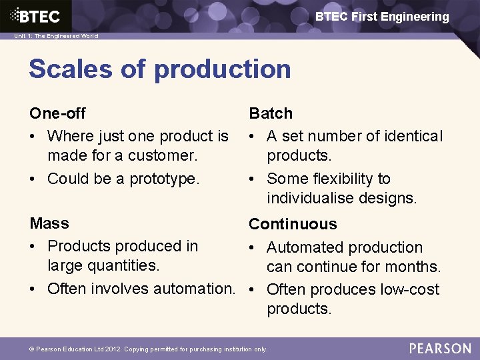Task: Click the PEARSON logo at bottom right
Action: tap(440, 348)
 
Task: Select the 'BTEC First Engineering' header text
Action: tap(382, 17)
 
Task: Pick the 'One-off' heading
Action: tap(57, 113)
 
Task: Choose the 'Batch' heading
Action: tap(271, 113)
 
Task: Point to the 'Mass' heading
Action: tap(49, 223)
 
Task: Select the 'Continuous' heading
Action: tap(293, 224)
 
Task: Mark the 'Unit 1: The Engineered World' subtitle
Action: tap(56, 36)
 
